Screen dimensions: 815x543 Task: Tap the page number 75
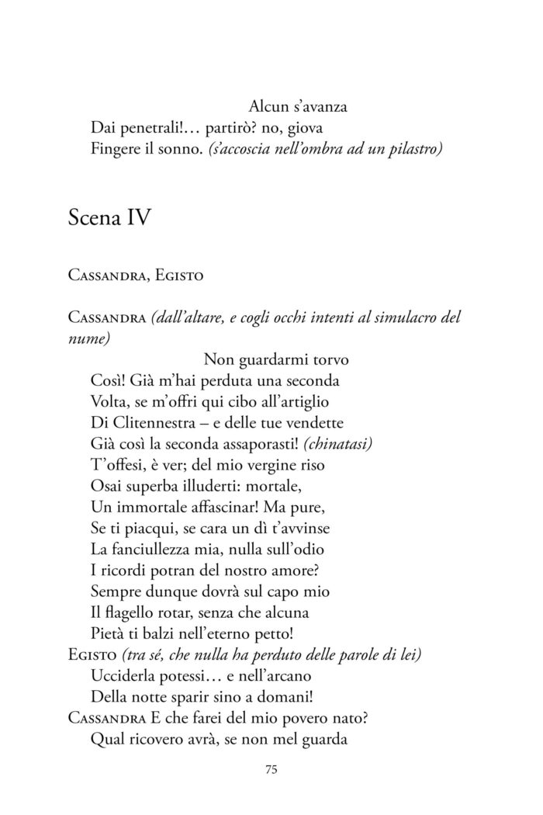coord(271,770)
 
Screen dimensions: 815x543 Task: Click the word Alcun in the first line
coord(268,106)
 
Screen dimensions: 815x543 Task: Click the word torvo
coord(328,359)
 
